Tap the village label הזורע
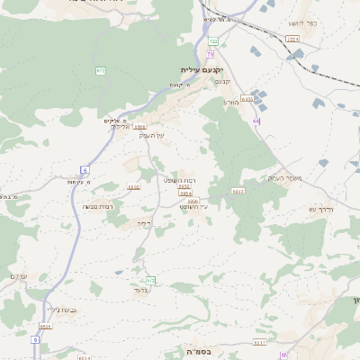230,103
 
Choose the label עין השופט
193,207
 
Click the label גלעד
139,290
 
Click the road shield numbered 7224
292,39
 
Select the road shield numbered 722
213,41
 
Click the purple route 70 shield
210,54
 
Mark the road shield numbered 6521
46,326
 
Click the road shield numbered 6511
260,341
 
